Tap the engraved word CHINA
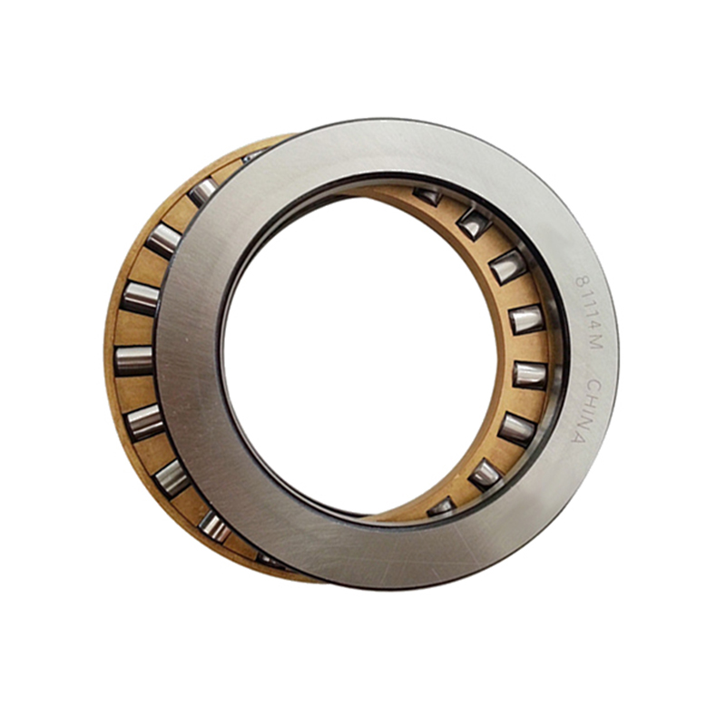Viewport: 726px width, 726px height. [585, 411]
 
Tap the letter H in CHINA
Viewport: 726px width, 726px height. [591, 401]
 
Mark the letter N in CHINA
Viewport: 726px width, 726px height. [584, 421]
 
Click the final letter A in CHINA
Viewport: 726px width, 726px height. [579, 437]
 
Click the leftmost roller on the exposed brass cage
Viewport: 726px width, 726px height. [133, 360]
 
